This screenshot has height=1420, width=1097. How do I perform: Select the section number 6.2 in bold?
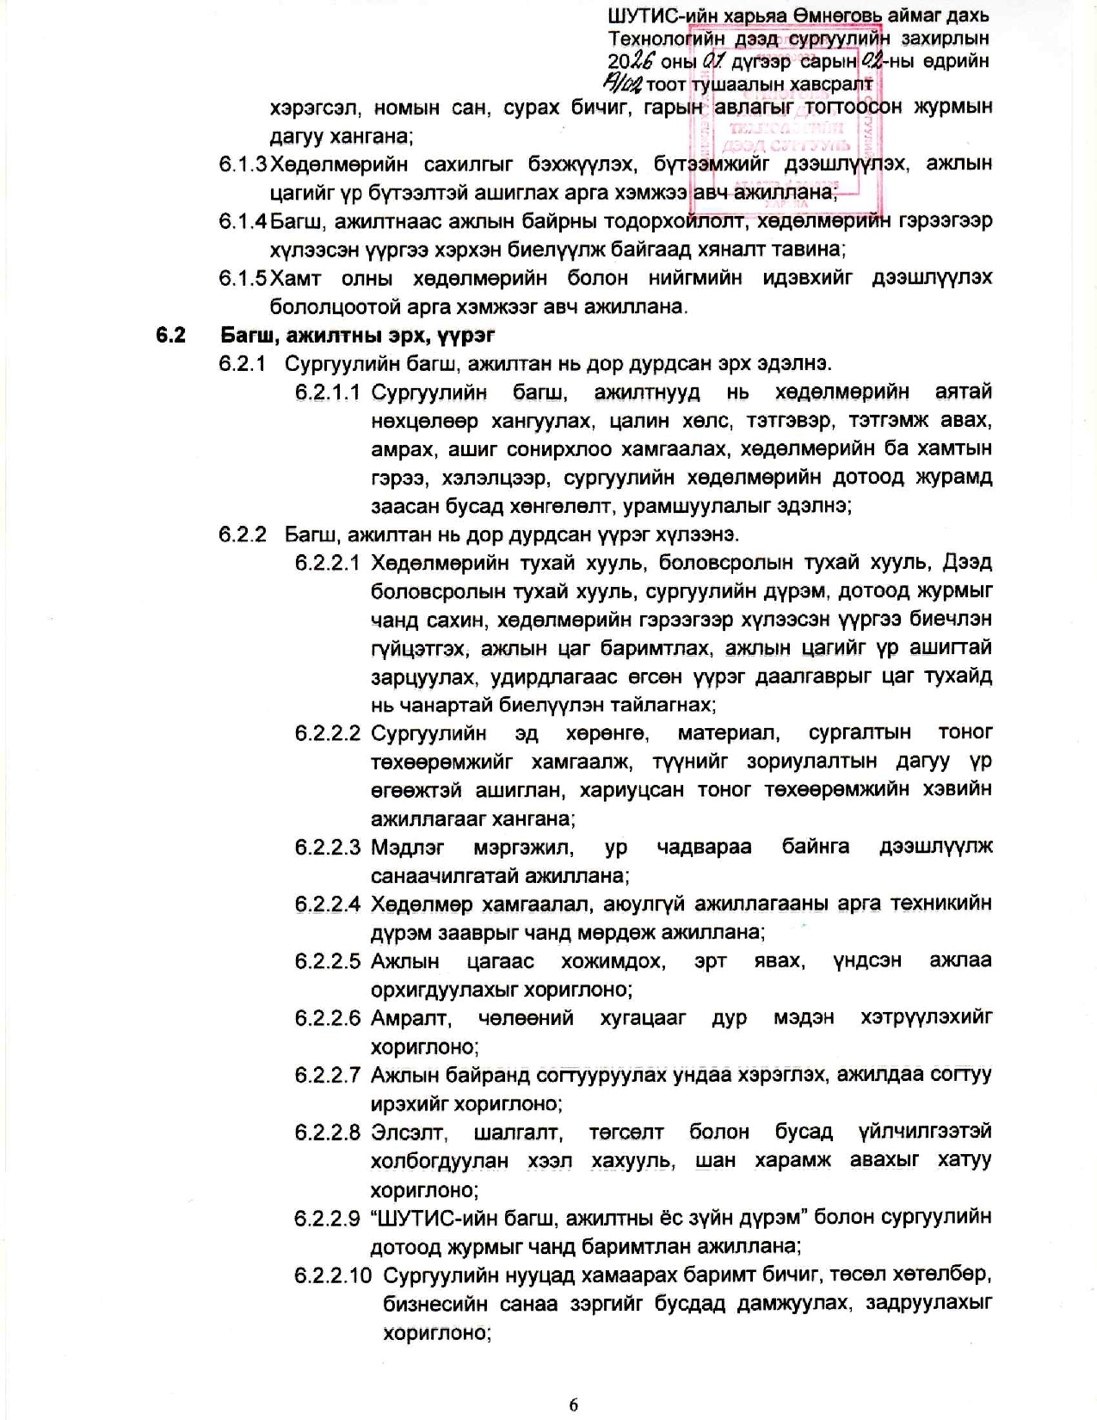(170, 335)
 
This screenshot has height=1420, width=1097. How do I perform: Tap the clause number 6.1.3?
(243, 164)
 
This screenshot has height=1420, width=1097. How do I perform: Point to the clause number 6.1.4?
(243, 221)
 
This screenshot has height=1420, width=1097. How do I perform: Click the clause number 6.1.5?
(243, 278)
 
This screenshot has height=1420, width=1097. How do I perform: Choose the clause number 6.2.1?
(243, 363)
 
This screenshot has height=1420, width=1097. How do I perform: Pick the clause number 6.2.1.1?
(327, 392)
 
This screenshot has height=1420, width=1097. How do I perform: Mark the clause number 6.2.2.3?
(327, 847)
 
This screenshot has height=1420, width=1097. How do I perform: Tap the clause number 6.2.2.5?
(327, 960)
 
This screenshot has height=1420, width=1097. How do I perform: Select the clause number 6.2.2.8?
(327, 1132)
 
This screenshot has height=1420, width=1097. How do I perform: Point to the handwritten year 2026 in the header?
(631, 60)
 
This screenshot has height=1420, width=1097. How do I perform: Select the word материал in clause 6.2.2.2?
(728, 732)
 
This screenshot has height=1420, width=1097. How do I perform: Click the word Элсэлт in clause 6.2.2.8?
(409, 1132)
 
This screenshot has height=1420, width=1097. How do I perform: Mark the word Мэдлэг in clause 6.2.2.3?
(408, 847)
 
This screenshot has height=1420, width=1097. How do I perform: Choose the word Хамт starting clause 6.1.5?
(296, 278)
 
